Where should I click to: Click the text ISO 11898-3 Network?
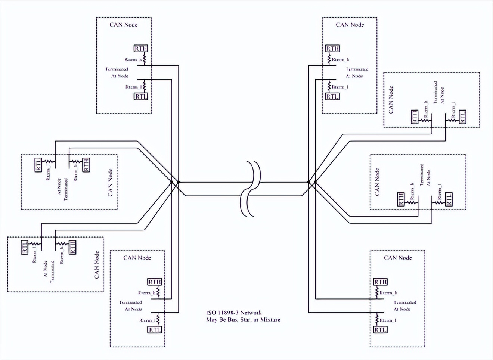click(x=234, y=313)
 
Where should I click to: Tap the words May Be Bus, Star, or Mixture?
click(x=243, y=320)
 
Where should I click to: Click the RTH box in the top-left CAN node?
click(x=141, y=49)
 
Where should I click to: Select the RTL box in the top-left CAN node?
click(x=141, y=97)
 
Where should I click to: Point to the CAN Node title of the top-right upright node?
click(x=350, y=25)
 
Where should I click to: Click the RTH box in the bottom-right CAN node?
click(x=380, y=282)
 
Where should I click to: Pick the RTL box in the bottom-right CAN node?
click(x=380, y=330)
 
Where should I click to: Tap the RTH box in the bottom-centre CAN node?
click(x=155, y=282)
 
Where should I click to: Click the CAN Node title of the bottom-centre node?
click(x=137, y=258)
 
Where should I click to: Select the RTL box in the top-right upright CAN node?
click(x=332, y=97)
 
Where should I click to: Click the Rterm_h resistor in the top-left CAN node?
click(x=144, y=59)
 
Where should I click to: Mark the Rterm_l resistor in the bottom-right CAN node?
click(x=377, y=320)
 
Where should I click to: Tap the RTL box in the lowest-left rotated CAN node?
click(x=25, y=247)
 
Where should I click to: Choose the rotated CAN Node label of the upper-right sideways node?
click(x=391, y=100)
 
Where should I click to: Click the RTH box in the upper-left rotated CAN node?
click(x=86, y=164)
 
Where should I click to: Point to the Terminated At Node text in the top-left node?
click(x=118, y=72)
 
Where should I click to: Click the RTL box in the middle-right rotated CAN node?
click(x=449, y=199)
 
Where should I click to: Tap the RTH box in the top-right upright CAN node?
click(x=332, y=49)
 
